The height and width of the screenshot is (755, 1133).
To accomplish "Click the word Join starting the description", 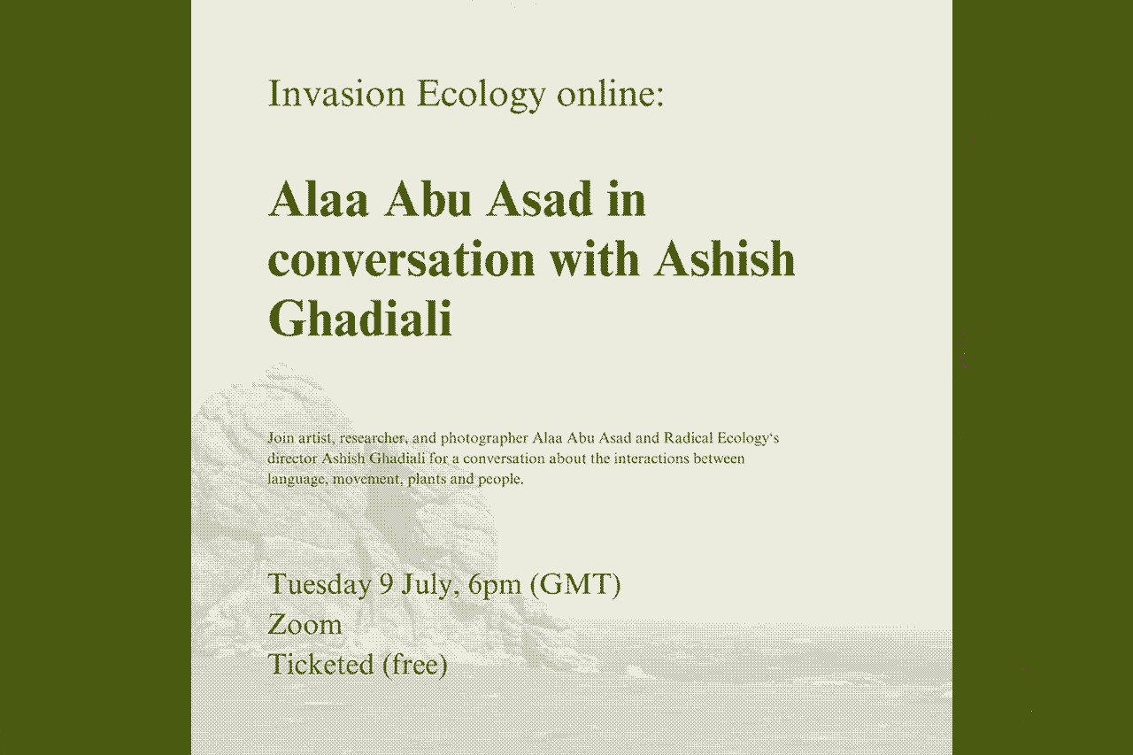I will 281,438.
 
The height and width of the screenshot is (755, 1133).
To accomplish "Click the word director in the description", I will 293,459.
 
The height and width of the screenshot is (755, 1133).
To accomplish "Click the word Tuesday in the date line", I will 320,585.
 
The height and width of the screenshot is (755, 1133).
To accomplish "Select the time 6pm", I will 495,585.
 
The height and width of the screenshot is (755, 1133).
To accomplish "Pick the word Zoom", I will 304,625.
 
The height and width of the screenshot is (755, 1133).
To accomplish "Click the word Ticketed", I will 320,664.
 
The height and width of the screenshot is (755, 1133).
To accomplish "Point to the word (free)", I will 415,664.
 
